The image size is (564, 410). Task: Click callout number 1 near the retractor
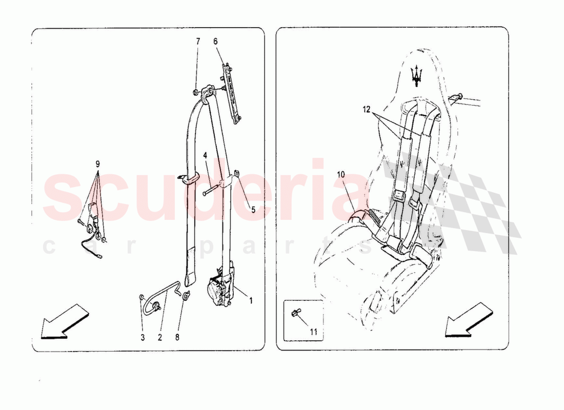(x=251, y=300)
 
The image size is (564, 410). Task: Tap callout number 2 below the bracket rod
(x=160, y=337)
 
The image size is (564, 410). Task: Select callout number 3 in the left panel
(x=143, y=337)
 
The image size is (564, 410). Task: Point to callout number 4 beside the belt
(x=205, y=156)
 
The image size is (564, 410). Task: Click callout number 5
(x=253, y=209)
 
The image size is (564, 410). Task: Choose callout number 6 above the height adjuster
(x=215, y=42)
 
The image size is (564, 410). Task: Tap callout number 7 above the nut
(x=198, y=42)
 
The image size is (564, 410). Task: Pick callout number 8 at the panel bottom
(x=177, y=337)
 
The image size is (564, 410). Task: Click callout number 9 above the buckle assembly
(x=97, y=165)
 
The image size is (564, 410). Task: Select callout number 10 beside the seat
(x=340, y=175)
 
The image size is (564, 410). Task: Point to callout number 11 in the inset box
(x=314, y=332)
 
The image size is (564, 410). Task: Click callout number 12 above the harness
(x=366, y=110)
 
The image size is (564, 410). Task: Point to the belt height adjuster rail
(x=232, y=93)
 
